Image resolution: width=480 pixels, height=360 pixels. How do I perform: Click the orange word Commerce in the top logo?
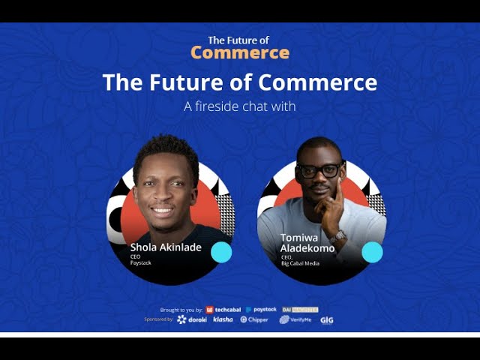pos(239,52)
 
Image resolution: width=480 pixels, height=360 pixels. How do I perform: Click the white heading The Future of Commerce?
pos(239,82)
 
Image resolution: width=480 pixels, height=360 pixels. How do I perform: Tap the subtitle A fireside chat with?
pos(239,106)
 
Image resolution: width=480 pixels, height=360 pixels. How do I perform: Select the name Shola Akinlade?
pos(166,247)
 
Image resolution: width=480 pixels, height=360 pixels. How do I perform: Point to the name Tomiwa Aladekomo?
pos(308,243)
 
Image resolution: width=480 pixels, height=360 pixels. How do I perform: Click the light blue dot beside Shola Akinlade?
pos(221,253)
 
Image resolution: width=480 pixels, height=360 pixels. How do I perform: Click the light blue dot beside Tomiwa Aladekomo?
pos(372,253)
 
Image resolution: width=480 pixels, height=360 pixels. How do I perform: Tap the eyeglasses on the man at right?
pos(321,169)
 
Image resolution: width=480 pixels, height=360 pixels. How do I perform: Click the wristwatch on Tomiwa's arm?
pos(340,235)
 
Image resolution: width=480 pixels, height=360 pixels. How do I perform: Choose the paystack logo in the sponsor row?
pos(261,310)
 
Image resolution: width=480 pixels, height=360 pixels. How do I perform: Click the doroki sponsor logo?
pos(192,319)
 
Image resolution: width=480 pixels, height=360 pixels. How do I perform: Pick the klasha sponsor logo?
pos(223,319)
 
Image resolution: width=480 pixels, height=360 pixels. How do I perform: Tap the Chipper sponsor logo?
pos(254,319)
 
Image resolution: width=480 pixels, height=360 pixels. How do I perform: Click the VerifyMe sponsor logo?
pos(295,319)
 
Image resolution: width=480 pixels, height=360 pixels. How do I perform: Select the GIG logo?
pos(327,319)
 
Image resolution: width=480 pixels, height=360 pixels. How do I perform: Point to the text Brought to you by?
pos(181,310)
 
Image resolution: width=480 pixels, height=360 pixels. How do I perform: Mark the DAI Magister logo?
pos(301,310)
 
